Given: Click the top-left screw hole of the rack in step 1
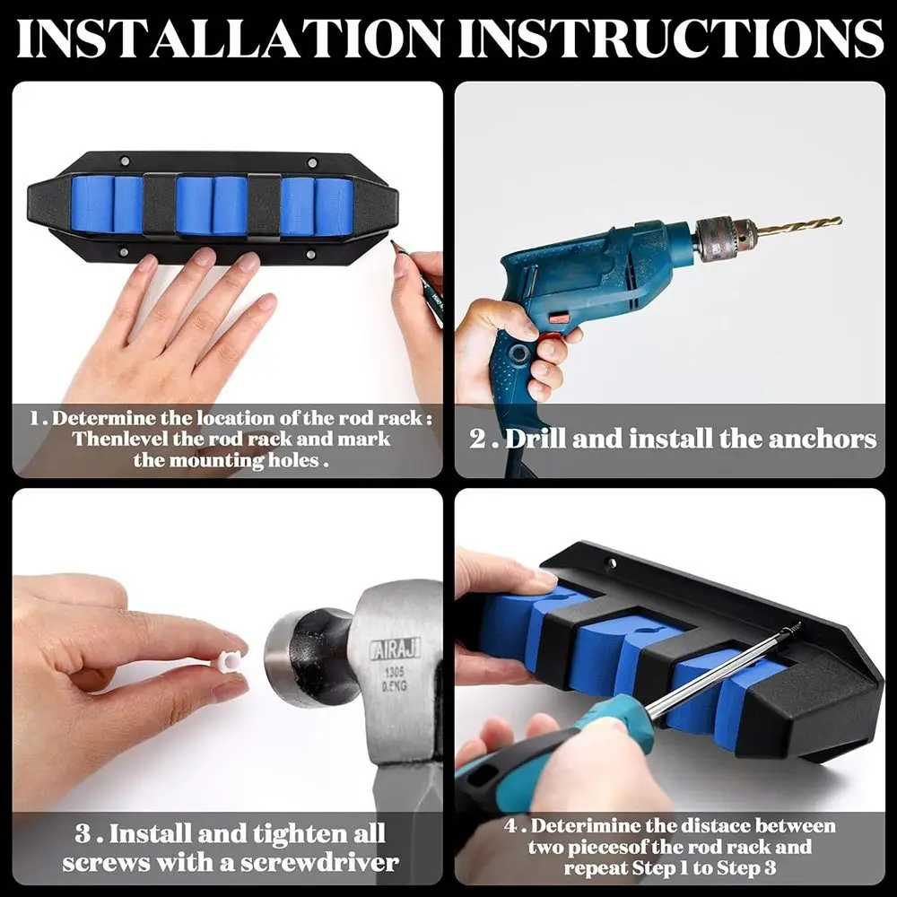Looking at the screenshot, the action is point(125,161).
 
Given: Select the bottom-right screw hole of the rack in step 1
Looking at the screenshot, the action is point(310,254).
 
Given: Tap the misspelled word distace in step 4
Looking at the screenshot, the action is point(715,826).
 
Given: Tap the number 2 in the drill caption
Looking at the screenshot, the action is point(477,440).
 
